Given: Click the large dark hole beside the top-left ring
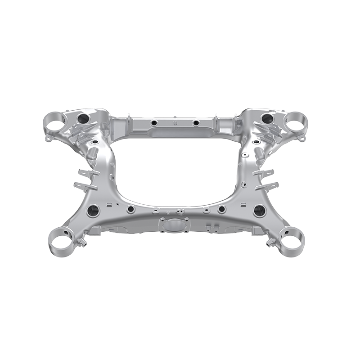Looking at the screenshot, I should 84,118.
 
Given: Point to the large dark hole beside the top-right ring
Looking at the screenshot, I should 267,118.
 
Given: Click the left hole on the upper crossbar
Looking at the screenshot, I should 154,123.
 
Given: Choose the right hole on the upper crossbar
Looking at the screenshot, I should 196,122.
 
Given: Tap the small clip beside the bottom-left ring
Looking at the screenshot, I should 82,243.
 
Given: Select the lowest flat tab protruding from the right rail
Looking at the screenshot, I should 271,184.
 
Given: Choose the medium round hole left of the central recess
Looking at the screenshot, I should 131,209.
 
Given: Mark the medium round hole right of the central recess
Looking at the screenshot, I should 221,209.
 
